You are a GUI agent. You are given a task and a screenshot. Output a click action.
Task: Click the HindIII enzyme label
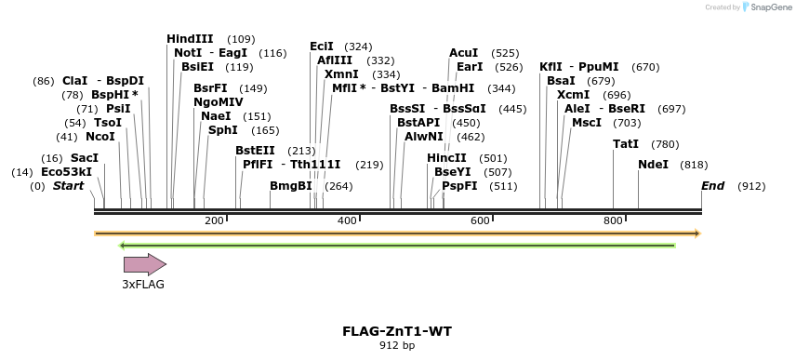point(190,39)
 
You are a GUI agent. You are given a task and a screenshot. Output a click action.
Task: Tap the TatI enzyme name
point(626,144)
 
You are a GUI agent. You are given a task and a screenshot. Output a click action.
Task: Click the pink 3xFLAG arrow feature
point(144,265)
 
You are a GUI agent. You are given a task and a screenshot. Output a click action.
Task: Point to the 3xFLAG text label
point(143,285)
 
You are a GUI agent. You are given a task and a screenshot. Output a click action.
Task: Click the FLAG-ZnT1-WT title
point(397,331)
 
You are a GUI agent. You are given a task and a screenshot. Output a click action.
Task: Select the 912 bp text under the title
point(397,345)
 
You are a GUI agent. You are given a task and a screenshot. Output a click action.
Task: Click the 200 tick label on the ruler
point(214,220)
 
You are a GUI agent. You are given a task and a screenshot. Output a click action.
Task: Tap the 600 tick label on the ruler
point(480,220)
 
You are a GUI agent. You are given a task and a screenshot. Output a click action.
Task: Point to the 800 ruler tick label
point(613,220)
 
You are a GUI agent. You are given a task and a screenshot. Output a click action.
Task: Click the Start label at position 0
point(68,186)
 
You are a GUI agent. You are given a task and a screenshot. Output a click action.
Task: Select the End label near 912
point(712,186)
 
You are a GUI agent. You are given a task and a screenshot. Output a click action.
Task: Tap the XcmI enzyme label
point(573,95)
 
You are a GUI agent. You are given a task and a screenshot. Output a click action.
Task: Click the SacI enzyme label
point(85,158)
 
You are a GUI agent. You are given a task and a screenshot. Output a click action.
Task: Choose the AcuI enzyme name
point(463,53)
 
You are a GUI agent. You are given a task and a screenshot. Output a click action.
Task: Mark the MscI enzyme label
point(587,123)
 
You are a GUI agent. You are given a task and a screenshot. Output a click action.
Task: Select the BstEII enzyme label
point(255,151)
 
